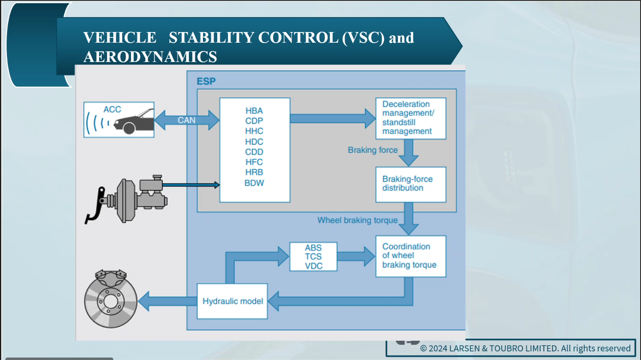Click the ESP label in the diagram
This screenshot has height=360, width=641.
point(206,81)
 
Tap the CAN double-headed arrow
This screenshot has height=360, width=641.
point(186,120)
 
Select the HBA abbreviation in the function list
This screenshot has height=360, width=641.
point(254,111)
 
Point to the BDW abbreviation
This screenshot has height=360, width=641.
point(254,183)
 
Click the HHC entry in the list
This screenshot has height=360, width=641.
point(254,131)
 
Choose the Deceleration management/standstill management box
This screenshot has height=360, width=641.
point(411,118)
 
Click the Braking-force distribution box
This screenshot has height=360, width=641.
point(411,184)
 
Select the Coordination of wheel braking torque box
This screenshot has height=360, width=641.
point(411,256)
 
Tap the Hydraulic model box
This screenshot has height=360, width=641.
point(232,301)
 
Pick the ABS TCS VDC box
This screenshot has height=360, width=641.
point(313,257)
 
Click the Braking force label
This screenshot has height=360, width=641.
point(372,150)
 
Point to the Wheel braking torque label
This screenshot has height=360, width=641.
point(357,220)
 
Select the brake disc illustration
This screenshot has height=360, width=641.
point(110,300)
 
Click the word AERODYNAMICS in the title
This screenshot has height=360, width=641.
point(150,57)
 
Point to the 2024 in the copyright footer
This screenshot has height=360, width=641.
point(438,349)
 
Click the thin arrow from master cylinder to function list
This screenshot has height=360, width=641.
point(191,185)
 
